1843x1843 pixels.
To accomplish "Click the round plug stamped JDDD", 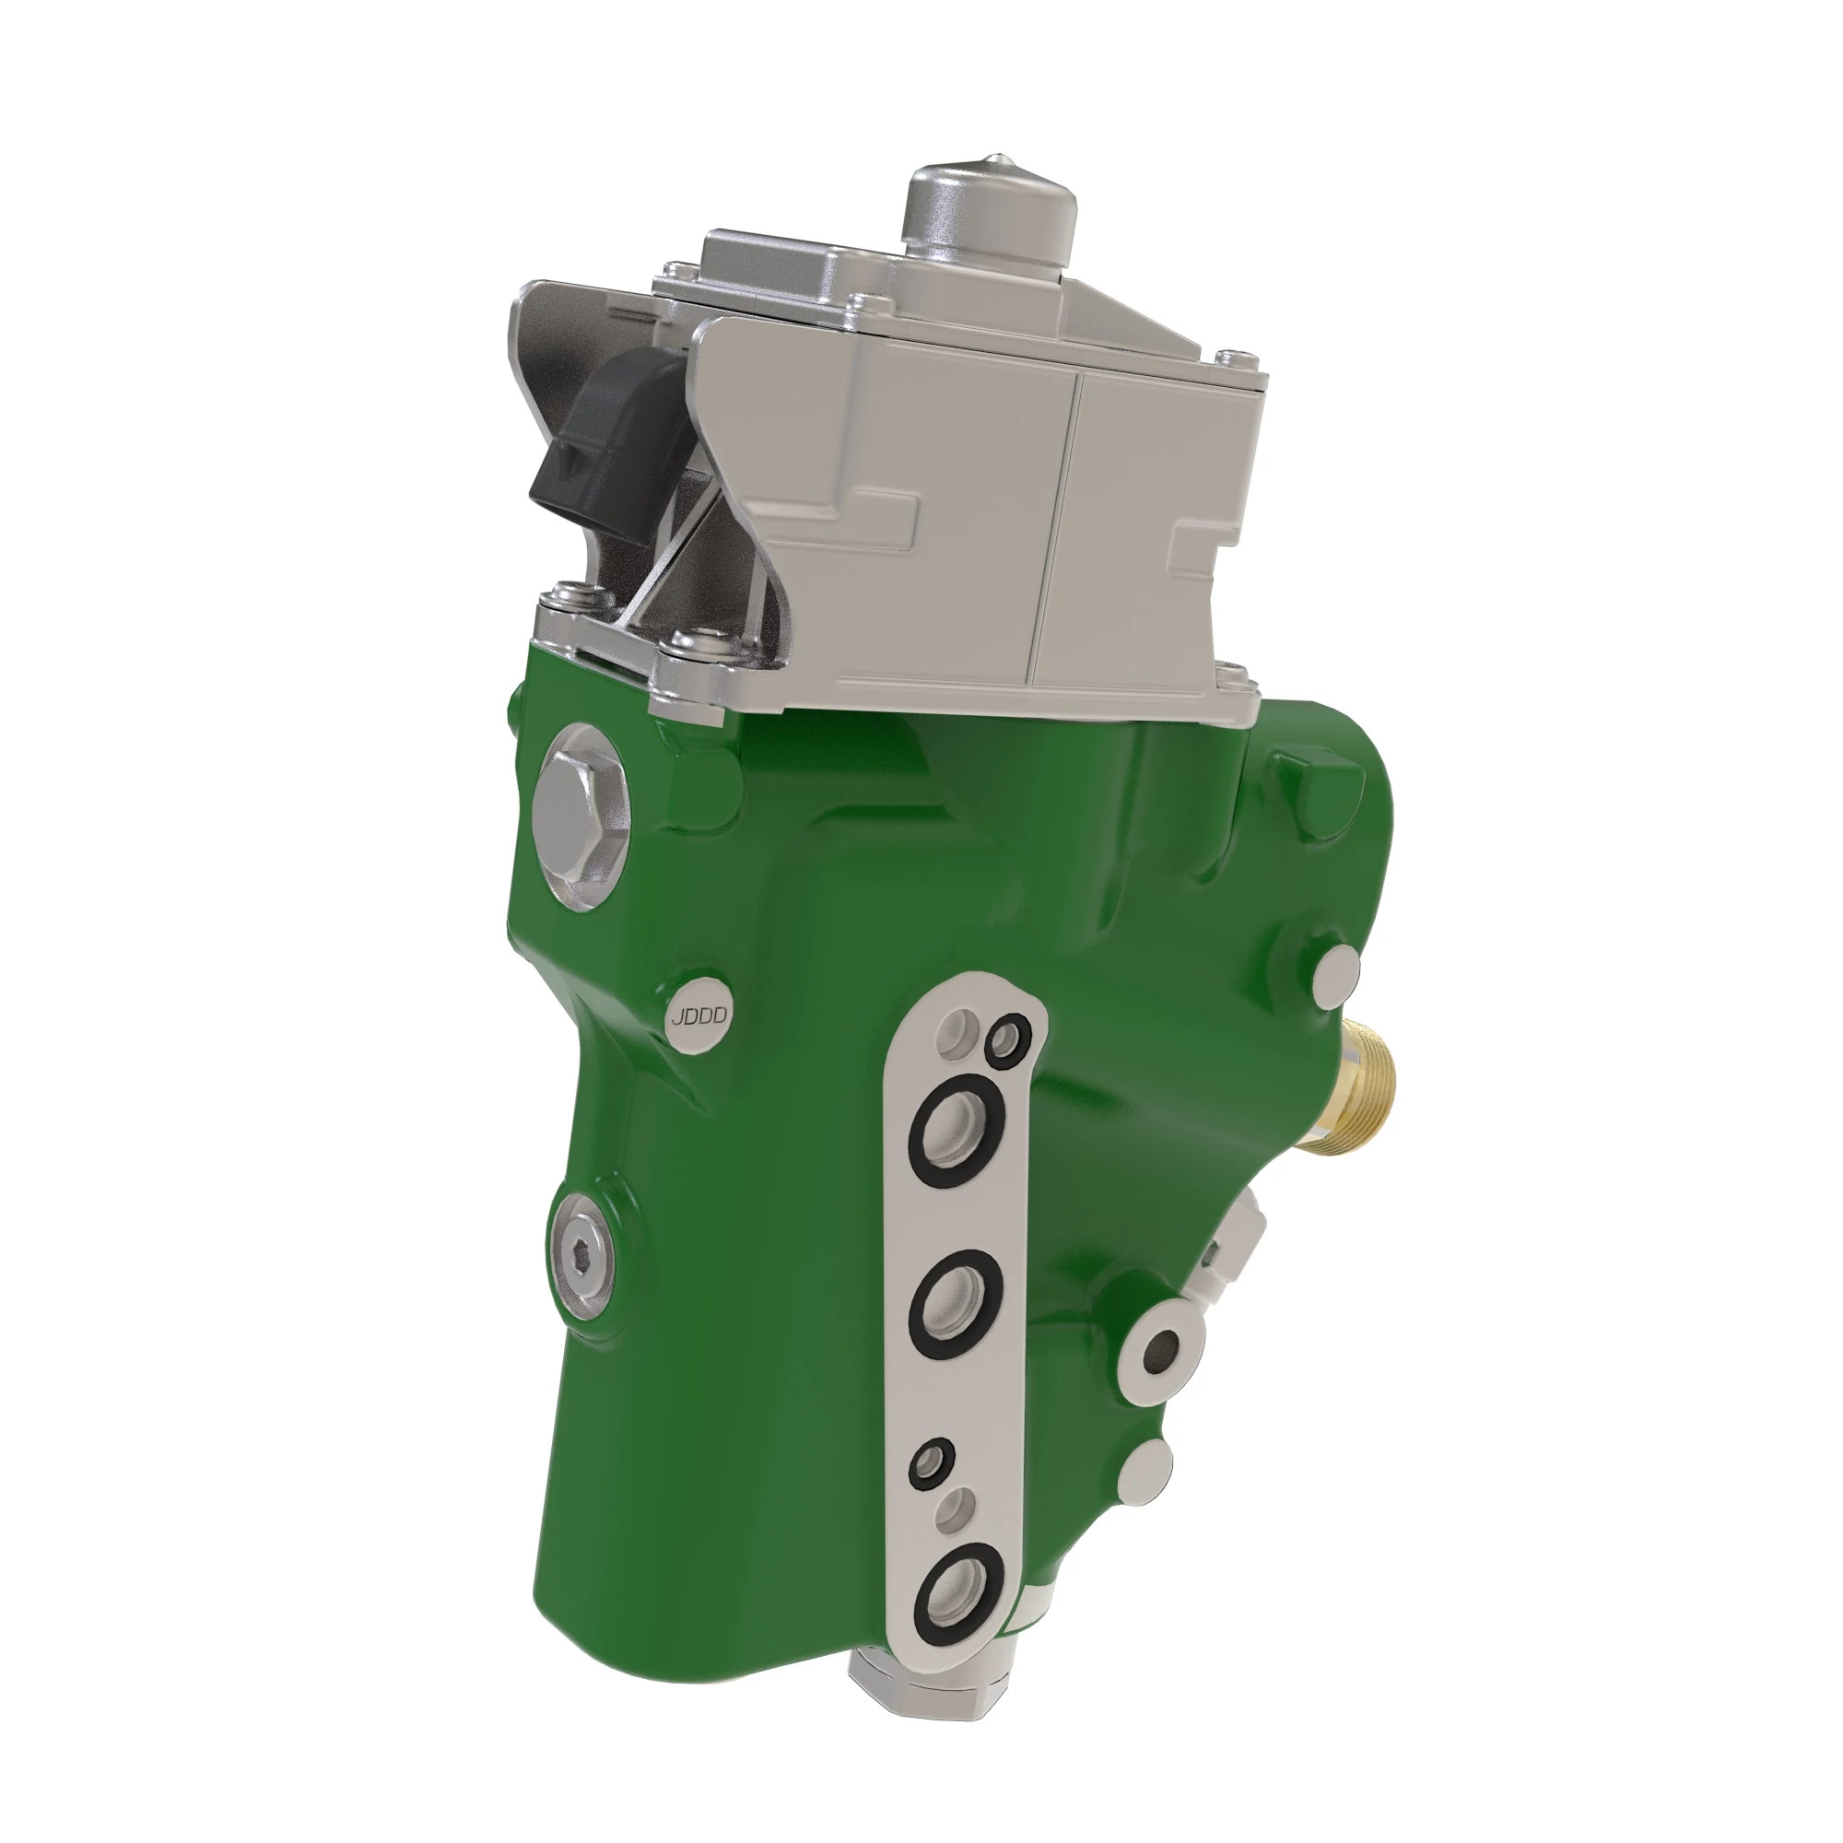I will click(698, 1015).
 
